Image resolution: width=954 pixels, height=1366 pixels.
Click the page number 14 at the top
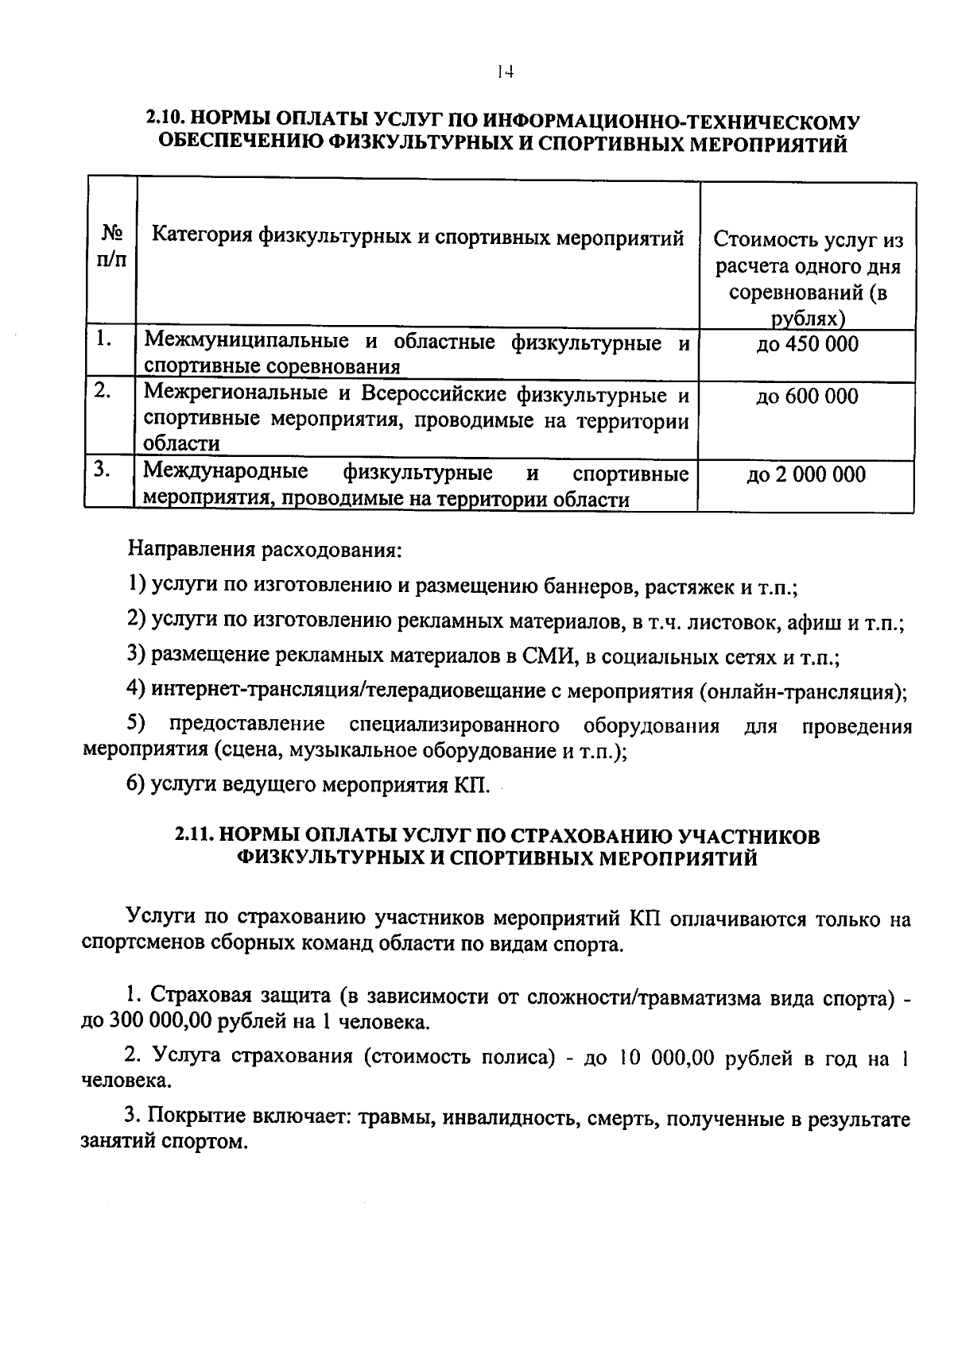pos(502,72)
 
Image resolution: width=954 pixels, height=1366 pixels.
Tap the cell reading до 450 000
pos(806,344)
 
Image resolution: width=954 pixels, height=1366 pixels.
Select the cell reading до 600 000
pos(806,396)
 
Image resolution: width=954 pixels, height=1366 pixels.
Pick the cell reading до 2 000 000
pos(806,474)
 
